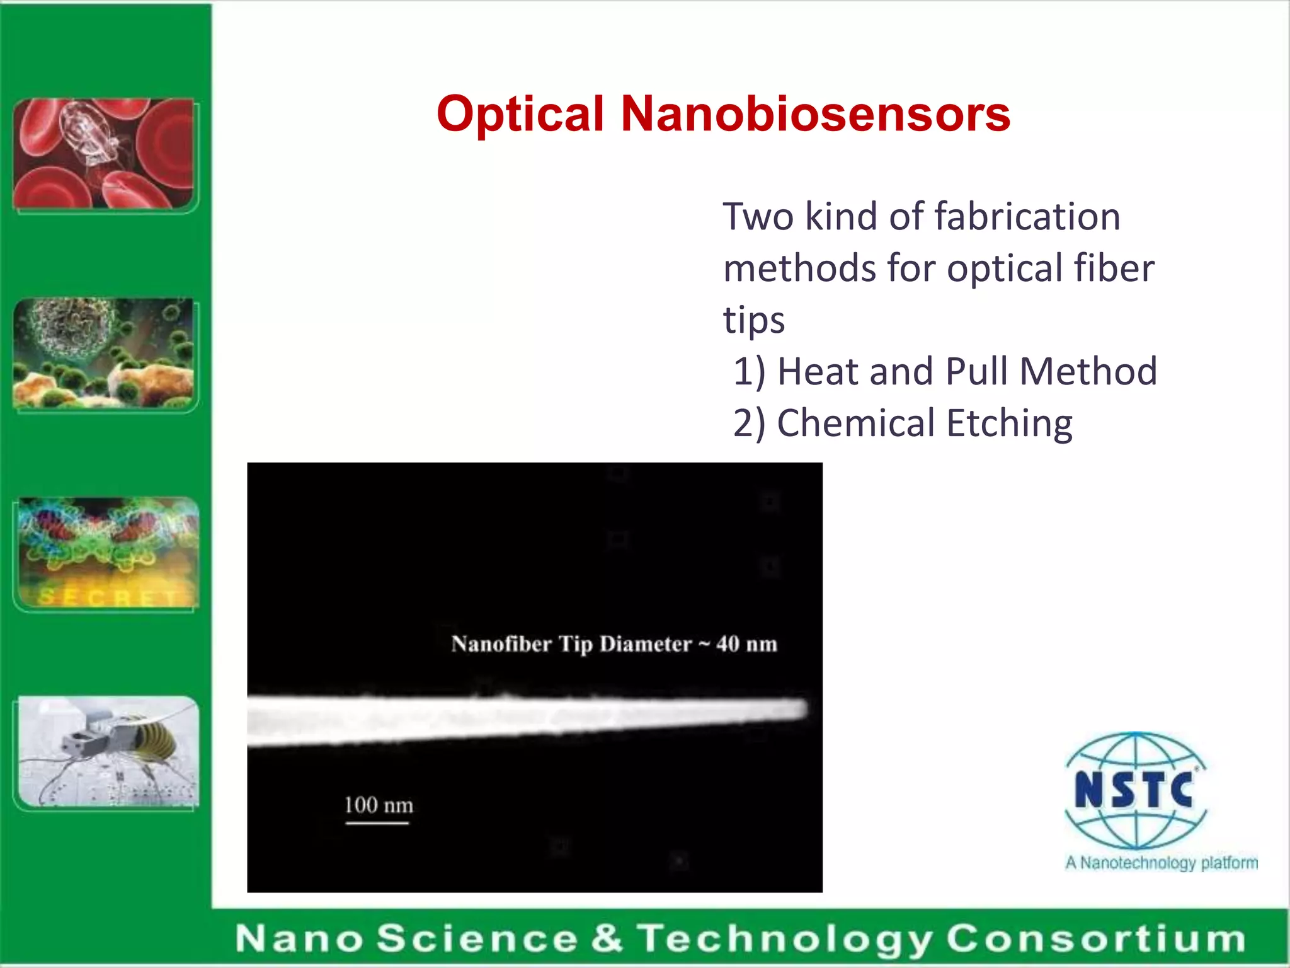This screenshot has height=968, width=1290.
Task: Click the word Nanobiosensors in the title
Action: tap(815, 115)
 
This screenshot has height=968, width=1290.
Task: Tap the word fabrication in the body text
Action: tap(1027, 217)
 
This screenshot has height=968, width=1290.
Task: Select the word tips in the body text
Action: tap(753, 320)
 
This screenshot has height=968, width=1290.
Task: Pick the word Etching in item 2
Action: tap(1009, 423)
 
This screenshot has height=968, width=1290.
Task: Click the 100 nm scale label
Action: tap(379, 805)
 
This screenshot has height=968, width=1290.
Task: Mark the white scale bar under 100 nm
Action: tap(377, 822)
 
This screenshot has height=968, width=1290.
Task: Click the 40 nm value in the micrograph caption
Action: tap(746, 644)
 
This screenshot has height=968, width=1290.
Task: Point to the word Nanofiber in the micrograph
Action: tap(501, 644)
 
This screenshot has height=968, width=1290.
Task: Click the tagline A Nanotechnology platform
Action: tap(1161, 862)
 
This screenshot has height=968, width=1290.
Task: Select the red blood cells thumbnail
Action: tap(104, 154)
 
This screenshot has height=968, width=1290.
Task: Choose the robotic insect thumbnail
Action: tap(108, 751)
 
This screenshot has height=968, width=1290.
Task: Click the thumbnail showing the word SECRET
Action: tap(108, 552)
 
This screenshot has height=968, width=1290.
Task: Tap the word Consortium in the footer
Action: tap(1095, 939)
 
